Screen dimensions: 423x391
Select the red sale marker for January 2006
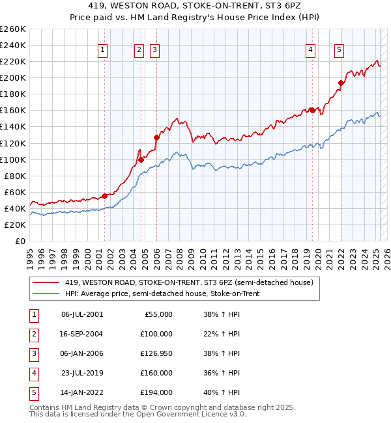tap(156, 137)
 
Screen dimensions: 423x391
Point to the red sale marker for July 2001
tap(104, 196)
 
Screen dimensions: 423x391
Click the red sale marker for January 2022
tap(340, 83)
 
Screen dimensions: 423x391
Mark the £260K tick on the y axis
tap(13, 29)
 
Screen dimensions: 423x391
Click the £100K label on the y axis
tap(13, 159)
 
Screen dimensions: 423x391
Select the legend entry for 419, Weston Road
tap(190, 282)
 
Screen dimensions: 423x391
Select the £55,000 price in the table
tap(156, 314)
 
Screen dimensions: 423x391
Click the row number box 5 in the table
tap(33, 392)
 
